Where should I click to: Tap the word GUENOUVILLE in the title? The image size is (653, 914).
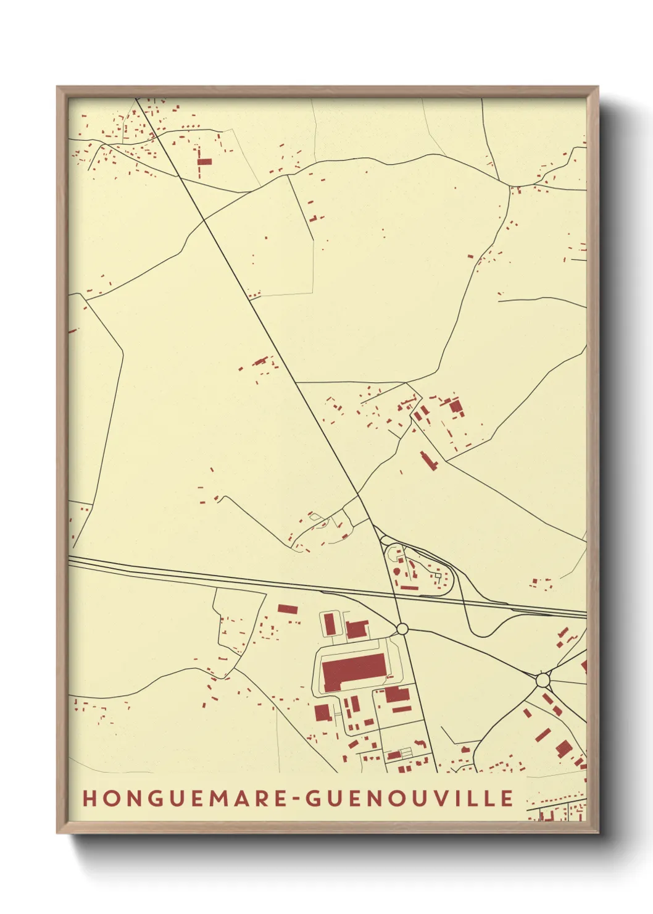[x=410, y=798]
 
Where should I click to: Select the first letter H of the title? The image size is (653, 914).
[x=89, y=798]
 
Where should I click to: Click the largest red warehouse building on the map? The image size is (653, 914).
[x=353, y=672]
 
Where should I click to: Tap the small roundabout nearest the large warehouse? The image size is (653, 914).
[x=402, y=629]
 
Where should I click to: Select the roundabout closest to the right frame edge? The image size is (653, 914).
[x=543, y=680]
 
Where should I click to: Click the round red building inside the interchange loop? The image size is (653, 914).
[x=396, y=574]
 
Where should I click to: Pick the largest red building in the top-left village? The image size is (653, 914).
[x=204, y=161]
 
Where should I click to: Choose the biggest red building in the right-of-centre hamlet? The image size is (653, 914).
[x=456, y=406]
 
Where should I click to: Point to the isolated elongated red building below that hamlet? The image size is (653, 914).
[x=427, y=461]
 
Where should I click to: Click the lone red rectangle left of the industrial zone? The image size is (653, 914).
[x=287, y=609]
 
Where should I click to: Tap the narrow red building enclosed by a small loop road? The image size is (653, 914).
[x=330, y=623]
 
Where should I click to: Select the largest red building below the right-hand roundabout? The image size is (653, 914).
[x=563, y=749]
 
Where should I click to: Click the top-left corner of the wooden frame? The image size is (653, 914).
[x=57, y=87]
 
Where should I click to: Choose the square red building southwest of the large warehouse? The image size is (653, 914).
[x=322, y=713]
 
